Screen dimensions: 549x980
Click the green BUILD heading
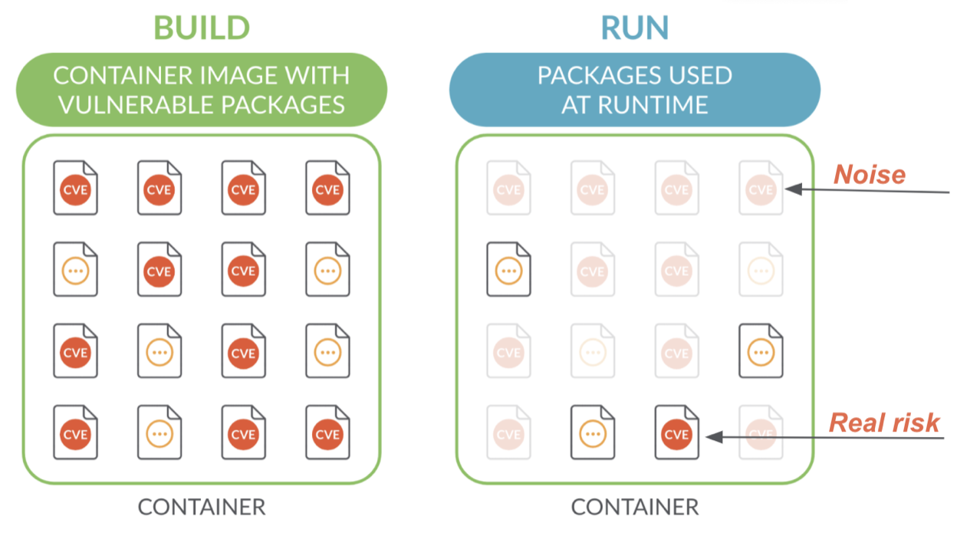pyautogui.click(x=202, y=28)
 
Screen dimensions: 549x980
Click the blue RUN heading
pyautogui.click(x=634, y=28)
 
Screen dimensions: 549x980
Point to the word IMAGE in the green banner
pyautogui.click(x=249, y=76)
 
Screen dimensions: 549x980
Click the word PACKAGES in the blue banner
pyautogui.click(x=590, y=76)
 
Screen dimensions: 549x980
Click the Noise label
pyautogui.click(x=870, y=175)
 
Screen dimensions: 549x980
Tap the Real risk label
pyautogui.click(x=884, y=422)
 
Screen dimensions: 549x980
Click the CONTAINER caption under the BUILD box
pyautogui.click(x=201, y=507)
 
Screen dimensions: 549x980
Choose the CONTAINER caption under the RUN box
pyautogui.click(x=634, y=507)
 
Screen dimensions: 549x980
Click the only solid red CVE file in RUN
pyautogui.click(x=676, y=434)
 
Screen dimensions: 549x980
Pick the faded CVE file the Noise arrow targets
pyautogui.click(x=760, y=188)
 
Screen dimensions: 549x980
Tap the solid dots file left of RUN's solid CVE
pyautogui.click(x=593, y=434)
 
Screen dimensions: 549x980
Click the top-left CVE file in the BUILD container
pyautogui.click(x=75, y=188)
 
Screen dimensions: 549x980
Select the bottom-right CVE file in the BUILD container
pyautogui.click(x=327, y=433)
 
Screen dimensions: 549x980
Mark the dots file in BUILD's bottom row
pyautogui.click(x=159, y=433)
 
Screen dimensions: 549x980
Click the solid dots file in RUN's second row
pyautogui.click(x=509, y=269)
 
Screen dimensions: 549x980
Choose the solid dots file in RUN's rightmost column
pyautogui.click(x=761, y=351)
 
